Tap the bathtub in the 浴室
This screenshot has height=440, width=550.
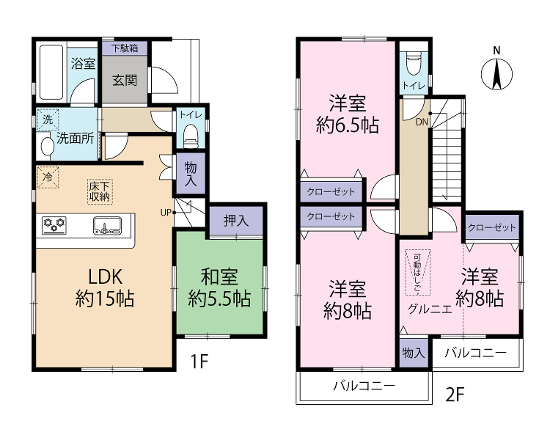click(51, 72)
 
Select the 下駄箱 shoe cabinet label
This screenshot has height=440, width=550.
click(125, 48)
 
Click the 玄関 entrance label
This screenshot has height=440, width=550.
click(125, 81)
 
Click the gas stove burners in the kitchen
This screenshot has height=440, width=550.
click(54, 225)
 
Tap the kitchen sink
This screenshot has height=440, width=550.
click(107, 226)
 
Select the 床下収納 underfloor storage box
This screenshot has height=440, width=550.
click(100, 191)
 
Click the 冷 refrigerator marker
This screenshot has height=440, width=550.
click(48, 177)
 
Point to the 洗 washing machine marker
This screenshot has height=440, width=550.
click(48, 120)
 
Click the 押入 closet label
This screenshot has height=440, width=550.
click(236, 221)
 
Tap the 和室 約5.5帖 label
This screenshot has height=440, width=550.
click(219, 287)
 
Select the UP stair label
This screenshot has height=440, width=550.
click(166, 212)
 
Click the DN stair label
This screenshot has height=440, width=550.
click(422, 122)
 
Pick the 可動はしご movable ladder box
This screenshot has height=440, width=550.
click(417, 272)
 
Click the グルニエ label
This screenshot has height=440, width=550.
click(430, 309)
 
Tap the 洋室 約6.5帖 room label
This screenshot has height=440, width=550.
click(348, 114)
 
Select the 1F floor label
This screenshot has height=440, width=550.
click(199, 362)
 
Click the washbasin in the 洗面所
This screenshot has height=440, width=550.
click(46, 147)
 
